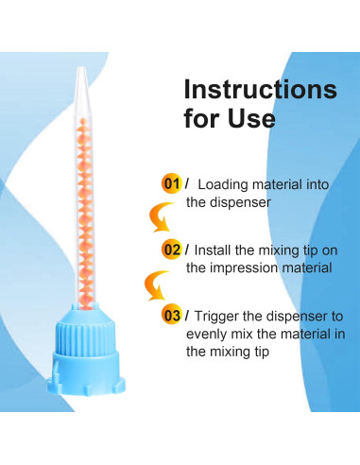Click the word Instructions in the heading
click(259, 90)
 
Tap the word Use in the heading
click(248, 120)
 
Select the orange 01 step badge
click(171, 183)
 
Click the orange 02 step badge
click(172, 250)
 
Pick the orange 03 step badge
click(171, 315)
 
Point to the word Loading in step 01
click(224, 184)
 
